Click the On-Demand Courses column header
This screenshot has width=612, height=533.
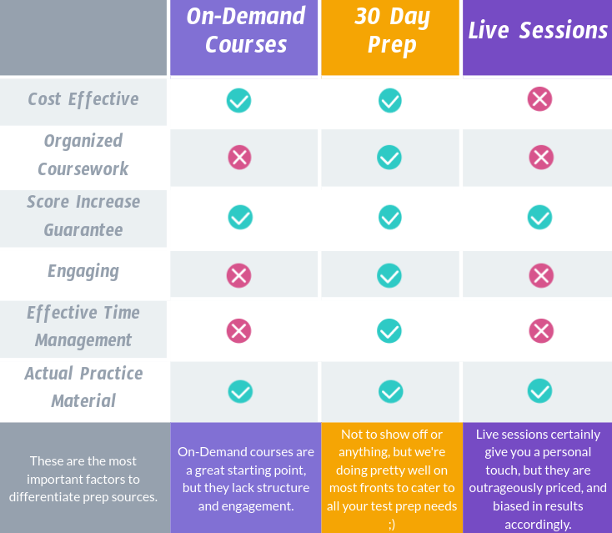[x=246, y=30]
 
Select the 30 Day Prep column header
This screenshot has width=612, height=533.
[x=391, y=30]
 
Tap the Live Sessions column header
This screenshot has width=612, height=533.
[x=538, y=31]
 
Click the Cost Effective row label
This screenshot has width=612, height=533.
[x=83, y=99]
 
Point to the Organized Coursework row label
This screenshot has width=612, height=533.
[x=83, y=154]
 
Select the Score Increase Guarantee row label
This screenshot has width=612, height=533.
[x=83, y=215]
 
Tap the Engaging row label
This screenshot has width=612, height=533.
[x=83, y=271]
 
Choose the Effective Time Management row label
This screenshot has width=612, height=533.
[x=83, y=326]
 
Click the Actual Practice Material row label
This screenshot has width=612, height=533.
[x=83, y=387]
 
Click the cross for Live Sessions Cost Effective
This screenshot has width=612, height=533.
[x=539, y=100]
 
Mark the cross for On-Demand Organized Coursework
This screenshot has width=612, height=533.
[x=240, y=157]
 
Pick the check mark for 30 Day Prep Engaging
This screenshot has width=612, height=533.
[x=389, y=274]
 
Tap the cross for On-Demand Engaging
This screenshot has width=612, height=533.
[x=239, y=274]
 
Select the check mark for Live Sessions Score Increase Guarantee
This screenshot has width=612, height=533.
[x=539, y=217]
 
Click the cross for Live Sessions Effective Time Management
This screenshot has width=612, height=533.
[x=540, y=330]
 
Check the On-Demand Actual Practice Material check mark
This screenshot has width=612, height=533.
[x=240, y=390]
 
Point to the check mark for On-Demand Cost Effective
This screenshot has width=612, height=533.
[x=239, y=100]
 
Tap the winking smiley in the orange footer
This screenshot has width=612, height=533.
[x=392, y=524]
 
